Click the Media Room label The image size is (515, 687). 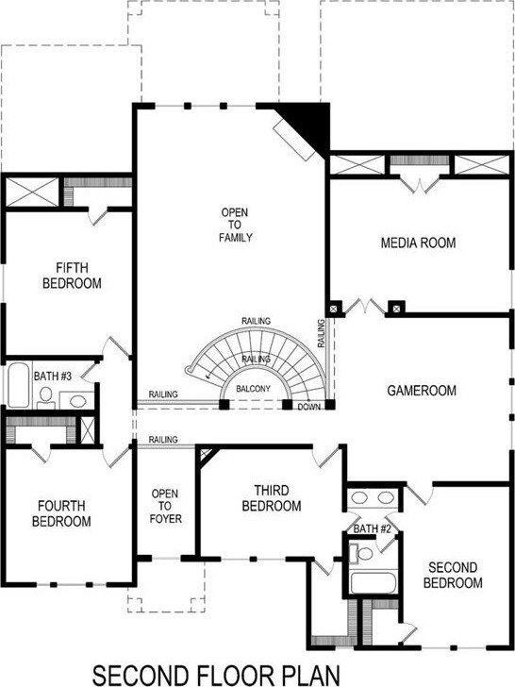pos(418,243)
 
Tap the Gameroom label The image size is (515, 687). pos(422,391)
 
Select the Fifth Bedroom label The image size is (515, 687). pos(72,276)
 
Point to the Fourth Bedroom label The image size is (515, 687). pos(61,513)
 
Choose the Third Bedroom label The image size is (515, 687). pos(272,498)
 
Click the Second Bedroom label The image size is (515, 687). pos(453,576)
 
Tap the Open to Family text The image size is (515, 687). pos(236,225)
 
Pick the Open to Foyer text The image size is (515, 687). pos(165,506)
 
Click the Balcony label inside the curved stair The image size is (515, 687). pos(253,389)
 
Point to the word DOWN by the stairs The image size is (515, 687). pos(308,407)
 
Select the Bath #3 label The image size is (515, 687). pos(53,376)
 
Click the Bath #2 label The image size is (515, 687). pos(372,528)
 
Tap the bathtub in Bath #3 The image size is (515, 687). pos(18,385)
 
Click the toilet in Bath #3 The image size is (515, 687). pos(45,397)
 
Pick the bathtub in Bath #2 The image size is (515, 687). pos(374,583)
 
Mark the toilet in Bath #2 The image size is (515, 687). pos(360,554)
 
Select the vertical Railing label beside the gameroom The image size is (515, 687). pos(321,333)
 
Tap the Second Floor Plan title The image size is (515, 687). pos(216,675)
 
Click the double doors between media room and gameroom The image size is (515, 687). pos(365,307)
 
